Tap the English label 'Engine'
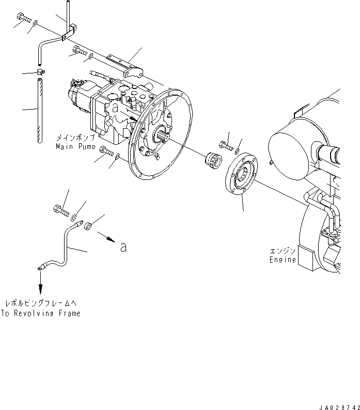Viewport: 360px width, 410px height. (x=283, y=260)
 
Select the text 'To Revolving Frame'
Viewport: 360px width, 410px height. (x=40, y=313)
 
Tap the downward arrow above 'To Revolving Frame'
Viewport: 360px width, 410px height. (x=40, y=283)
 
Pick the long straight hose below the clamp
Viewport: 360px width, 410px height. (x=39, y=111)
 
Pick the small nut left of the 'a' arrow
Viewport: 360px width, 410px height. (x=88, y=225)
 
